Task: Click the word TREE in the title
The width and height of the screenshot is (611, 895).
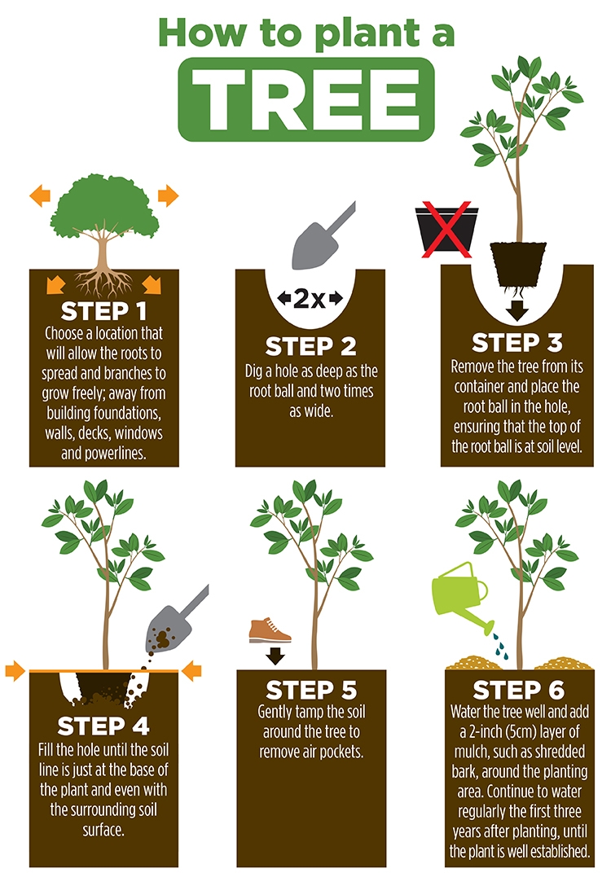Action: pyautogui.click(x=305, y=96)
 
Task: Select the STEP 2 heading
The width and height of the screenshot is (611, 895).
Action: pyautogui.click(x=310, y=346)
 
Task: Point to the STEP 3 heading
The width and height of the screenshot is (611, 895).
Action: pyautogui.click(x=516, y=342)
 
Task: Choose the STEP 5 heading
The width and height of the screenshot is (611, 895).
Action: pyautogui.click(x=310, y=691)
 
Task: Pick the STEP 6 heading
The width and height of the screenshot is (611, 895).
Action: pyautogui.click(x=517, y=691)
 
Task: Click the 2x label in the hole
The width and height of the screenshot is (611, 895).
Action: pyautogui.click(x=310, y=299)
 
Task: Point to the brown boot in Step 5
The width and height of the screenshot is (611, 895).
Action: pyautogui.click(x=270, y=630)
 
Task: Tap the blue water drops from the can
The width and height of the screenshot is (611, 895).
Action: pyautogui.click(x=499, y=647)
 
